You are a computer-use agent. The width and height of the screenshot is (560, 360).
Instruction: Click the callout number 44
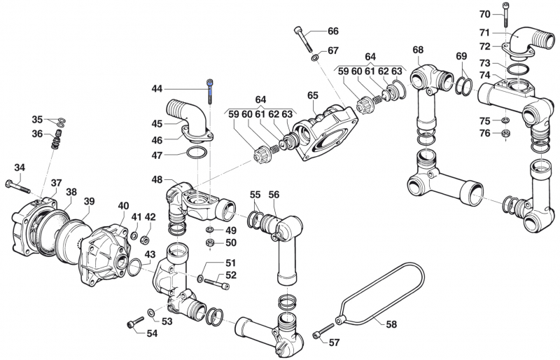[157, 89]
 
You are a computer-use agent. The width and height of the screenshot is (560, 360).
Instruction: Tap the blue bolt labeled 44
[209, 92]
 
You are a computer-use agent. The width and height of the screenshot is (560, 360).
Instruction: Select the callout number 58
[391, 324]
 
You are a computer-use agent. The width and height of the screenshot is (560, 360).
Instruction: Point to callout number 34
[20, 167]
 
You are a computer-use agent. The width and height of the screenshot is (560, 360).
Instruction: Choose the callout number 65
[312, 95]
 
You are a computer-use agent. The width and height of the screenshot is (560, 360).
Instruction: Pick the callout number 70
[484, 14]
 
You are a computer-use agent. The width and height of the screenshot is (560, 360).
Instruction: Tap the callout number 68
[418, 50]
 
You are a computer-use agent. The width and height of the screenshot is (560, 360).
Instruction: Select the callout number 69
[461, 56]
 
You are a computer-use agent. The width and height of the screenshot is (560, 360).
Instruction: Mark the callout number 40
[123, 205]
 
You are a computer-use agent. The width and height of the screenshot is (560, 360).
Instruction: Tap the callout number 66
[332, 31]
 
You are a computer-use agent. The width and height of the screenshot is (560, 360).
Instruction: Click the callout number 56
[274, 195]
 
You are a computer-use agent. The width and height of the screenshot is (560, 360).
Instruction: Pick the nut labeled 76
[505, 134]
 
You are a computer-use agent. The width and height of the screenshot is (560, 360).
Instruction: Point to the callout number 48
[157, 179]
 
